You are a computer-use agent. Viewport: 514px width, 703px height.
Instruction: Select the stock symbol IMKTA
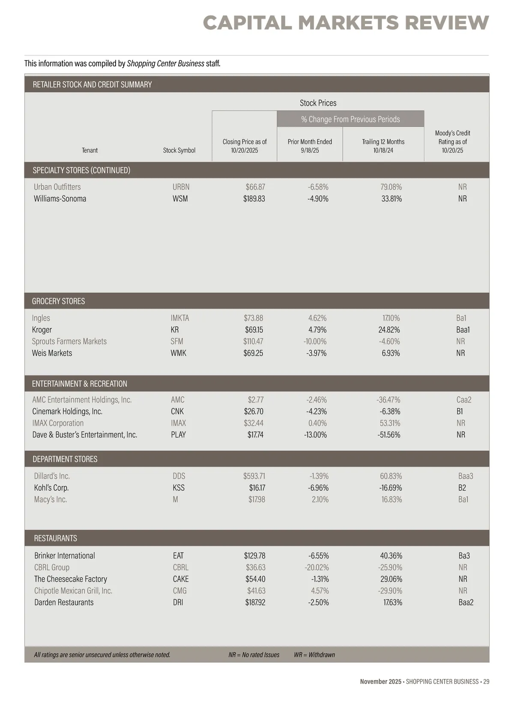[179, 318]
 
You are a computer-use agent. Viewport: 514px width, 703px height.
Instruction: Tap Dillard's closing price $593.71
[254, 476]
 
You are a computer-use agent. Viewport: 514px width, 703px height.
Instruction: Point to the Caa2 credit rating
[464, 400]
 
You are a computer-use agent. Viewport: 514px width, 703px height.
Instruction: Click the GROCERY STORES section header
[59, 301]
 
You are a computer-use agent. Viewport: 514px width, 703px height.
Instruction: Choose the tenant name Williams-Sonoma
[60, 198]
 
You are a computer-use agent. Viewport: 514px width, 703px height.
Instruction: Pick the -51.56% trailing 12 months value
[389, 435]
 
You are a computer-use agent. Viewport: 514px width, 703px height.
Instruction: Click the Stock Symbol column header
[179, 150]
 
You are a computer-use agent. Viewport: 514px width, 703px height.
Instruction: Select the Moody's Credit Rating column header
[452, 141]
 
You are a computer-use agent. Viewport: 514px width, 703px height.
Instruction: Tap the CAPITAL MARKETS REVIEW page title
[346, 23]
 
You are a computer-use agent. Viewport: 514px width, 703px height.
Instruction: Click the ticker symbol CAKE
[181, 579]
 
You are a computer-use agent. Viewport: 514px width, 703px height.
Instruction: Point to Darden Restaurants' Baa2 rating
[466, 602]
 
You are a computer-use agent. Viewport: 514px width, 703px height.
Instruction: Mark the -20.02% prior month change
[314, 567]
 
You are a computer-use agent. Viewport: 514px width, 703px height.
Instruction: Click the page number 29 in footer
[486, 682]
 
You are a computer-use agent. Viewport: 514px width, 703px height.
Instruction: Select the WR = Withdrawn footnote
[314, 655]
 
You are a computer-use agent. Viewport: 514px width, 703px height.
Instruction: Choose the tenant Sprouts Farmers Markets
[69, 341]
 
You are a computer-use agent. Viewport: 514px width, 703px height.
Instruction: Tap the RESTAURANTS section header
[56, 538]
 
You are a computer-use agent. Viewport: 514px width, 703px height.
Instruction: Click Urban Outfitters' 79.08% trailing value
[391, 187]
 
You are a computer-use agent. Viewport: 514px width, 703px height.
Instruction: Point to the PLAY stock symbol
[178, 435]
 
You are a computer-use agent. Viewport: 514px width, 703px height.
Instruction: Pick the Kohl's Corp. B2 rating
[462, 488]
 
